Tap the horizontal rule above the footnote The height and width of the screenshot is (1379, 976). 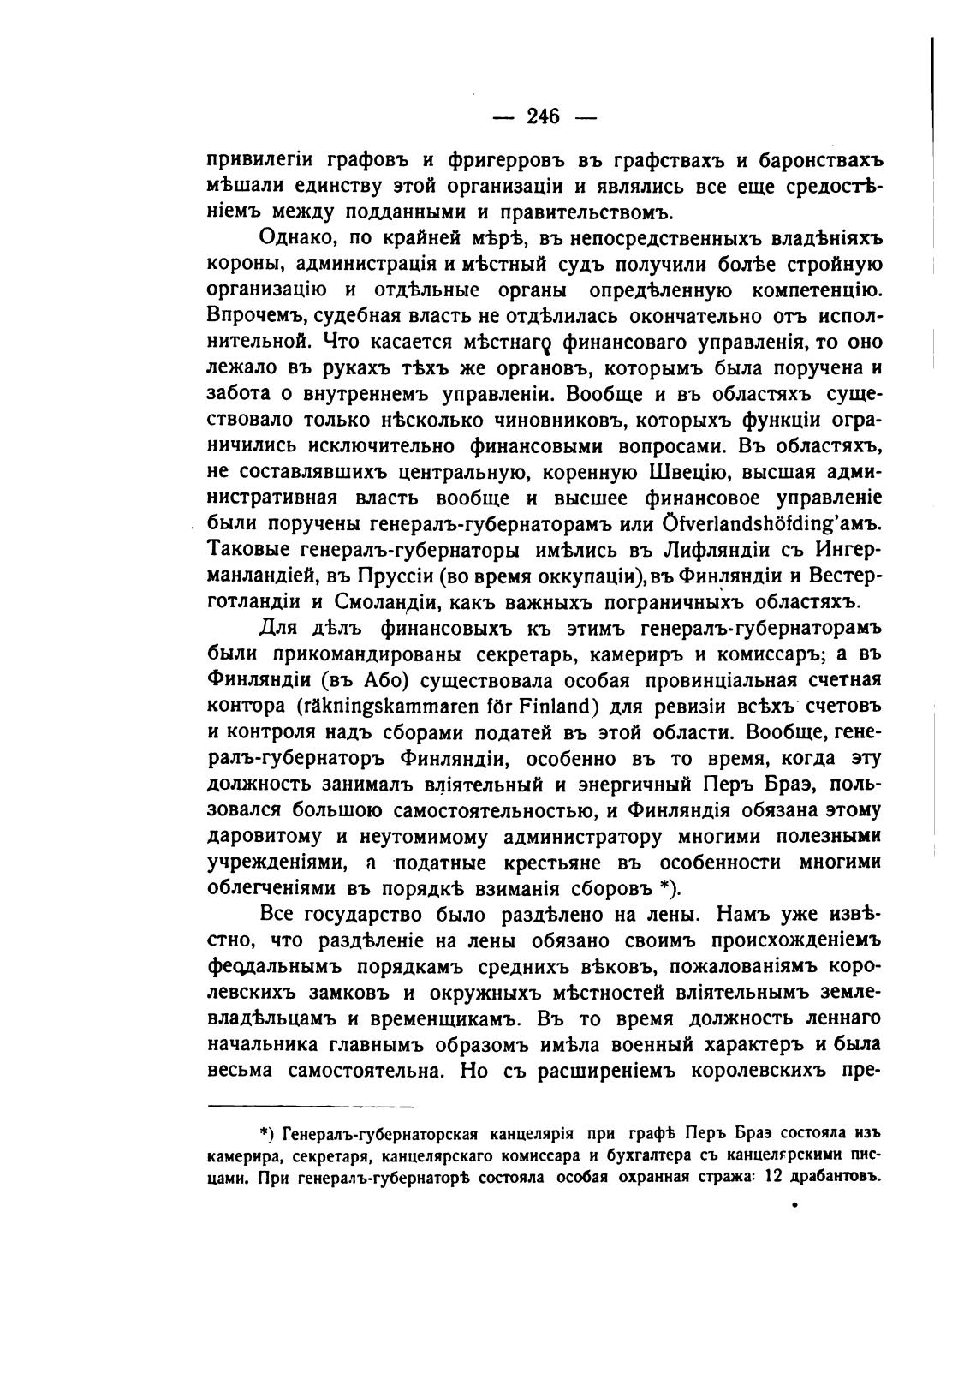point(310,1106)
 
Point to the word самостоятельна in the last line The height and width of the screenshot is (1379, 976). point(366,1070)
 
